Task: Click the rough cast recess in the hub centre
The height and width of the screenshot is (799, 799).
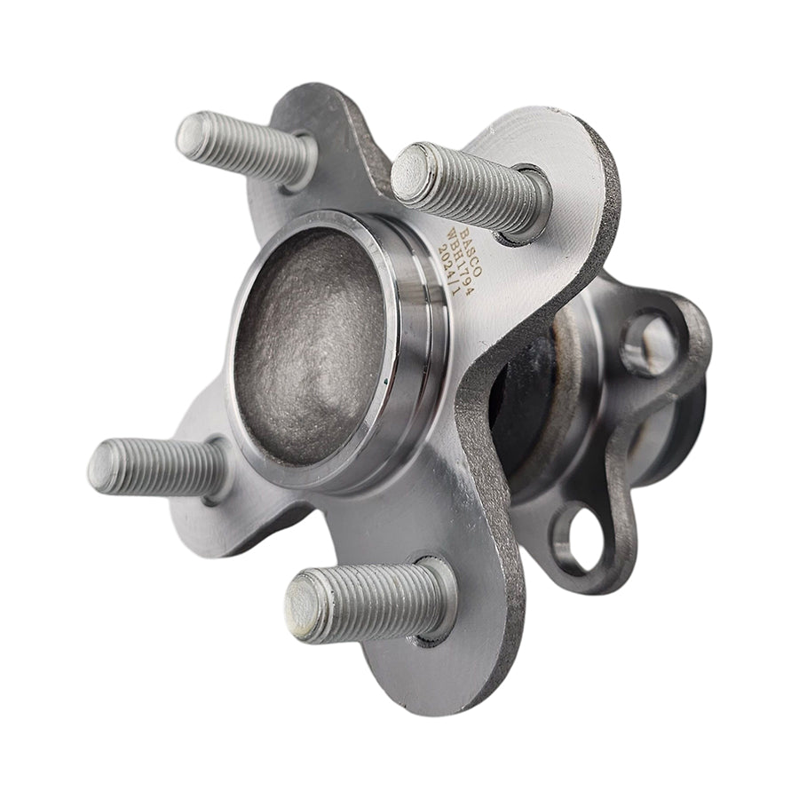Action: coord(311,342)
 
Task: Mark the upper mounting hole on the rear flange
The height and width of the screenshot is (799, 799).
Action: coord(649,342)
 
